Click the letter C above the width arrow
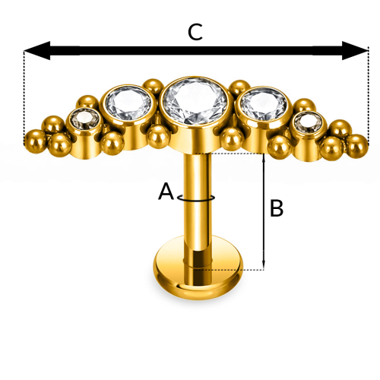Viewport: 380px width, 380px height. tap(195, 32)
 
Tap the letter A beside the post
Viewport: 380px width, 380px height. tap(166, 192)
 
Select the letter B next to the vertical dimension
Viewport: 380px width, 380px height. tap(277, 208)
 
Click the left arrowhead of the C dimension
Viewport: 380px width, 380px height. tap(37, 51)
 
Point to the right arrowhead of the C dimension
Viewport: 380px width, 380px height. tap(355, 51)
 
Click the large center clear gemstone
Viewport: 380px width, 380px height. tap(195, 101)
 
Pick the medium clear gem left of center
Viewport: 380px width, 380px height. tap(128, 103)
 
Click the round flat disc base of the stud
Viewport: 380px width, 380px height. tap(198, 268)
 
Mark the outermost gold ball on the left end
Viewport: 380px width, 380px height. tap(36, 141)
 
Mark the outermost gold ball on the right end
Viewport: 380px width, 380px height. tap(356, 145)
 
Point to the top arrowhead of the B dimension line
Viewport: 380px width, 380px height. tap(264, 157)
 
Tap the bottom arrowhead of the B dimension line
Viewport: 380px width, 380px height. tap(264, 265)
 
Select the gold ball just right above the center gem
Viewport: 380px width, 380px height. tap(239, 87)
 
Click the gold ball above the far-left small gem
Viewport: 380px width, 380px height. tap(87, 102)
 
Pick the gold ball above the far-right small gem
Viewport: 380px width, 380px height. tap(305, 105)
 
